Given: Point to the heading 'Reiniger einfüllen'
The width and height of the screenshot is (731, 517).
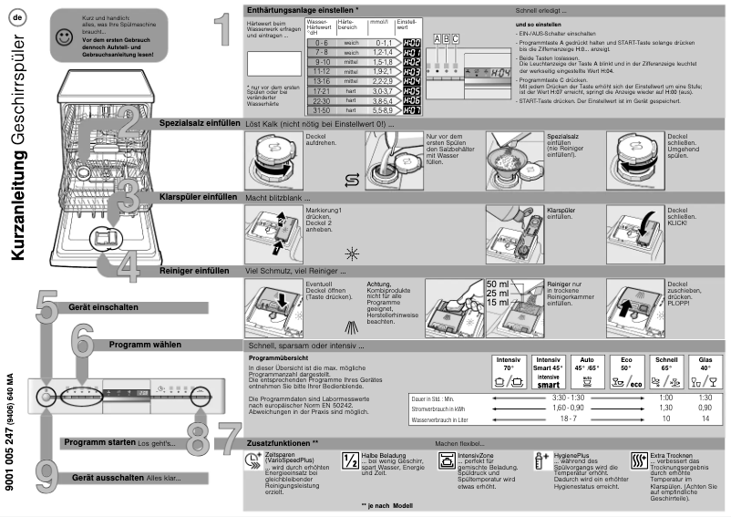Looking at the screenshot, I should pyautogui.click(x=194, y=271).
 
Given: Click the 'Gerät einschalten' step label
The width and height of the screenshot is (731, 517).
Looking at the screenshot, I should pyautogui.click(x=97, y=306).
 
